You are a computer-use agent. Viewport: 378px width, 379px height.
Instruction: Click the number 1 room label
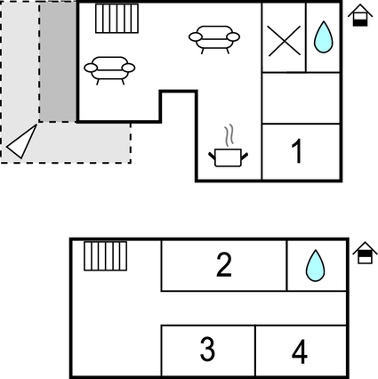pyautogui.click(x=297, y=151)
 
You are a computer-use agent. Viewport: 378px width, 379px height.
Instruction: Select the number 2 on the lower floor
pyautogui.click(x=224, y=264)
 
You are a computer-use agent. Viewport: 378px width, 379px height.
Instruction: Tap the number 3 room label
pyautogui.click(x=207, y=350)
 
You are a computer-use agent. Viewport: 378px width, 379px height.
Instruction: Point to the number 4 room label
pyautogui.click(x=300, y=352)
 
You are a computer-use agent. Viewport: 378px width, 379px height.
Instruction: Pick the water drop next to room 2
pyautogui.click(x=315, y=265)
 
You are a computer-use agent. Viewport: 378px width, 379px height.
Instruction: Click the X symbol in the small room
pyautogui.click(x=283, y=40)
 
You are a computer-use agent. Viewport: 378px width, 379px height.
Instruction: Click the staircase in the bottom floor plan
pyautogui.click(x=106, y=255)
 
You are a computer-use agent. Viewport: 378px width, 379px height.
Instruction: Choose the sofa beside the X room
pyautogui.click(x=214, y=38)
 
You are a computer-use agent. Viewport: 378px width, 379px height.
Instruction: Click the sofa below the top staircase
pyautogui.click(x=109, y=69)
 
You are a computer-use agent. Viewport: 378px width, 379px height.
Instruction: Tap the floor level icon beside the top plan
pyautogui.click(x=359, y=15)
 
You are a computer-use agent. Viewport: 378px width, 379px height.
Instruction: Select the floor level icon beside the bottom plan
pyautogui.click(x=365, y=254)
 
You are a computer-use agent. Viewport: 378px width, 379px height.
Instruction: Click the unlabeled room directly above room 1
pyautogui.click(x=301, y=98)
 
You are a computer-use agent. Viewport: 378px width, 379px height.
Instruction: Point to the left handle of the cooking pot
pyautogui.click(x=213, y=157)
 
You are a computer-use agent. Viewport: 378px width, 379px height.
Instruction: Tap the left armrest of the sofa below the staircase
pyautogui.click(x=90, y=68)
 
